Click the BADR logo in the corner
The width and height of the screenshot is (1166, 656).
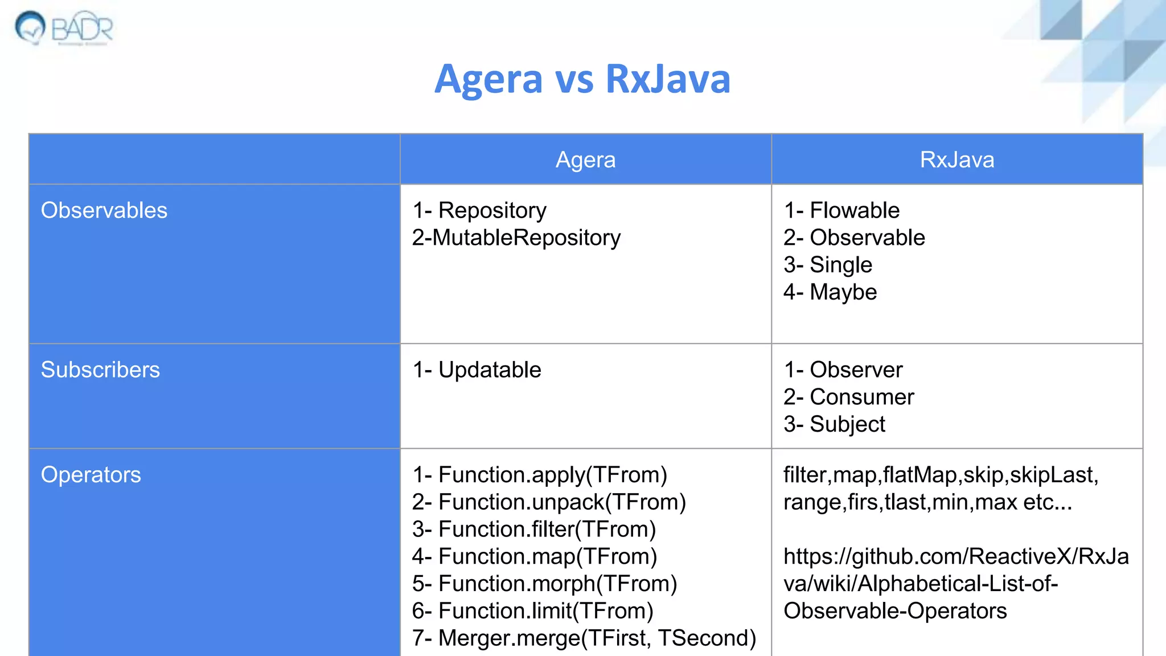[64, 27]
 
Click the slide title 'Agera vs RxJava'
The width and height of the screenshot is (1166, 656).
[582, 79]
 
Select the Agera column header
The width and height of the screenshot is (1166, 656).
[585, 160]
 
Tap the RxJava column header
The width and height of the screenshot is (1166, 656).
[956, 160]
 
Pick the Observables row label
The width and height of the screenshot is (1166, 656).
[104, 211]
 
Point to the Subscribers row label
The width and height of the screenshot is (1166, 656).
[100, 370]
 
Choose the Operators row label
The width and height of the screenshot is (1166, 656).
[91, 475]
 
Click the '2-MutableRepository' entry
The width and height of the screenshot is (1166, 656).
[516, 238]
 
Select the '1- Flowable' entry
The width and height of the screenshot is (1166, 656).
[841, 211]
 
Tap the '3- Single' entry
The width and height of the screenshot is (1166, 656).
[828, 265]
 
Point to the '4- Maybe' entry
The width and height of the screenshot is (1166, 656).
[830, 292]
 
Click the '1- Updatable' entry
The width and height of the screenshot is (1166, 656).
[477, 370]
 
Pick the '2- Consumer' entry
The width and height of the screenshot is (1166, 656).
[848, 397]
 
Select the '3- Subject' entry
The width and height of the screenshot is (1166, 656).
[834, 424]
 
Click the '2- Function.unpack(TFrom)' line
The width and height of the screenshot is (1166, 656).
[549, 502]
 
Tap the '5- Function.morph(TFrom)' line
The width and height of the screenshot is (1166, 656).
[544, 584]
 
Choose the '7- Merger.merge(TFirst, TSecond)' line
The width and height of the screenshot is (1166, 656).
[584, 638]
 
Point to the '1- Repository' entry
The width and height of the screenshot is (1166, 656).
[479, 211]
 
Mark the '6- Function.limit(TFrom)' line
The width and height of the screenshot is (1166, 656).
[532, 611]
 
